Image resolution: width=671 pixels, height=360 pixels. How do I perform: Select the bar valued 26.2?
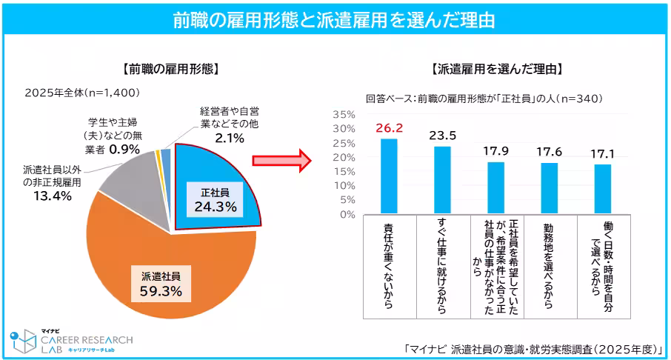pyautogui.click(x=389, y=177)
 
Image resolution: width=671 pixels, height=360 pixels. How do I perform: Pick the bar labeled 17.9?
pyautogui.click(x=495, y=189)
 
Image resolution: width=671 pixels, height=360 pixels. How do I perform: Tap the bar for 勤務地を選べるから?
pyautogui.click(x=549, y=189)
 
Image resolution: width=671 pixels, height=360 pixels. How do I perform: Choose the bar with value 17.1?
pyautogui.click(x=602, y=190)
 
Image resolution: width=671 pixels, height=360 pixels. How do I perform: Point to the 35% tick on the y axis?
pyautogui.click(x=343, y=115)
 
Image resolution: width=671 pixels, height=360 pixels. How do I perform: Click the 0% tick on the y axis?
pyautogui.click(x=346, y=215)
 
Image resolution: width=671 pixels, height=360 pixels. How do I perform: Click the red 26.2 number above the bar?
pyautogui.click(x=389, y=127)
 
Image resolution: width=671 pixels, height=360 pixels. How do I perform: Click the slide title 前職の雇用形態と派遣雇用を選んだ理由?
pyautogui.click(x=335, y=20)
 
